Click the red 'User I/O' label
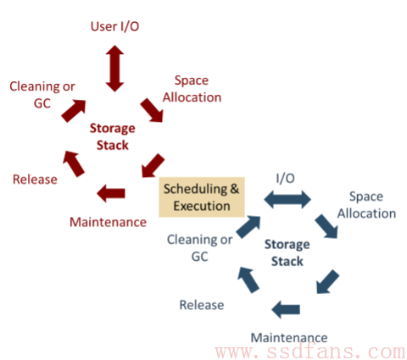pos(114,26)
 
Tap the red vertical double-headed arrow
pos(114,69)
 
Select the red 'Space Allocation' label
pos(192,89)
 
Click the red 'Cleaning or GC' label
pos(42,95)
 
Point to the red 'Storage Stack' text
pos(113,136)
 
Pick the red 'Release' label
pos(35,180)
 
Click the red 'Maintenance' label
pos(108,222)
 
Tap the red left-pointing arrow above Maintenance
pos(111,193)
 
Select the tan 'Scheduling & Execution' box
pos(202,197)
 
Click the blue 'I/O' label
pos(286,179)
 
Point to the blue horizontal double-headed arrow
pos(287,199)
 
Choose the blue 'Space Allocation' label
pos(366,205)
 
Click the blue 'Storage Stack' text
pos(287,252)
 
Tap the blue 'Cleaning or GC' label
pos(200,248)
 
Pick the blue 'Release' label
pos(202,305)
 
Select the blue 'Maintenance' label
pos(289,338)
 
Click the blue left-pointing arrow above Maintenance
pos(286,309)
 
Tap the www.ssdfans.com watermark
pos(310,352)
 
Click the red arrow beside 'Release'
pos(74,164)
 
